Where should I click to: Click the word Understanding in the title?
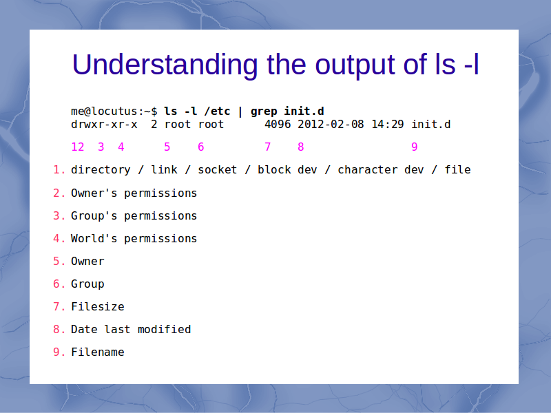click(165, 65)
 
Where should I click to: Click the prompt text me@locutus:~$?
click(114, 111)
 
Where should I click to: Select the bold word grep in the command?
click(264, 112)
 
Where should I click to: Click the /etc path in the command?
click(218, 111)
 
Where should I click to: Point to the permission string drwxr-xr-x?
click(104, 125)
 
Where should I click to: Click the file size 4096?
click(278, 125)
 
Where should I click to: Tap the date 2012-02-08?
click(331, 125)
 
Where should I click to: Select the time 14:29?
click(388, 125)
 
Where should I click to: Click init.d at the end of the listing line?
click(431, 125)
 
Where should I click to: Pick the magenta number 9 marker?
click(415, 147)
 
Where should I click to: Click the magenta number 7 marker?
click(268, 147)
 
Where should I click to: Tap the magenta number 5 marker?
click(167, 147)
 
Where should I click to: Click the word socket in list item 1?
click(218, 170)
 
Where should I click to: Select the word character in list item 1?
click(368, 170)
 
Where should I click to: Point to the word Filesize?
click(98, 306)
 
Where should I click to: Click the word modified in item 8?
click(164, 330)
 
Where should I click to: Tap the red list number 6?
click(56, 284)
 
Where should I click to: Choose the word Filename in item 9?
click(98, 352)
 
